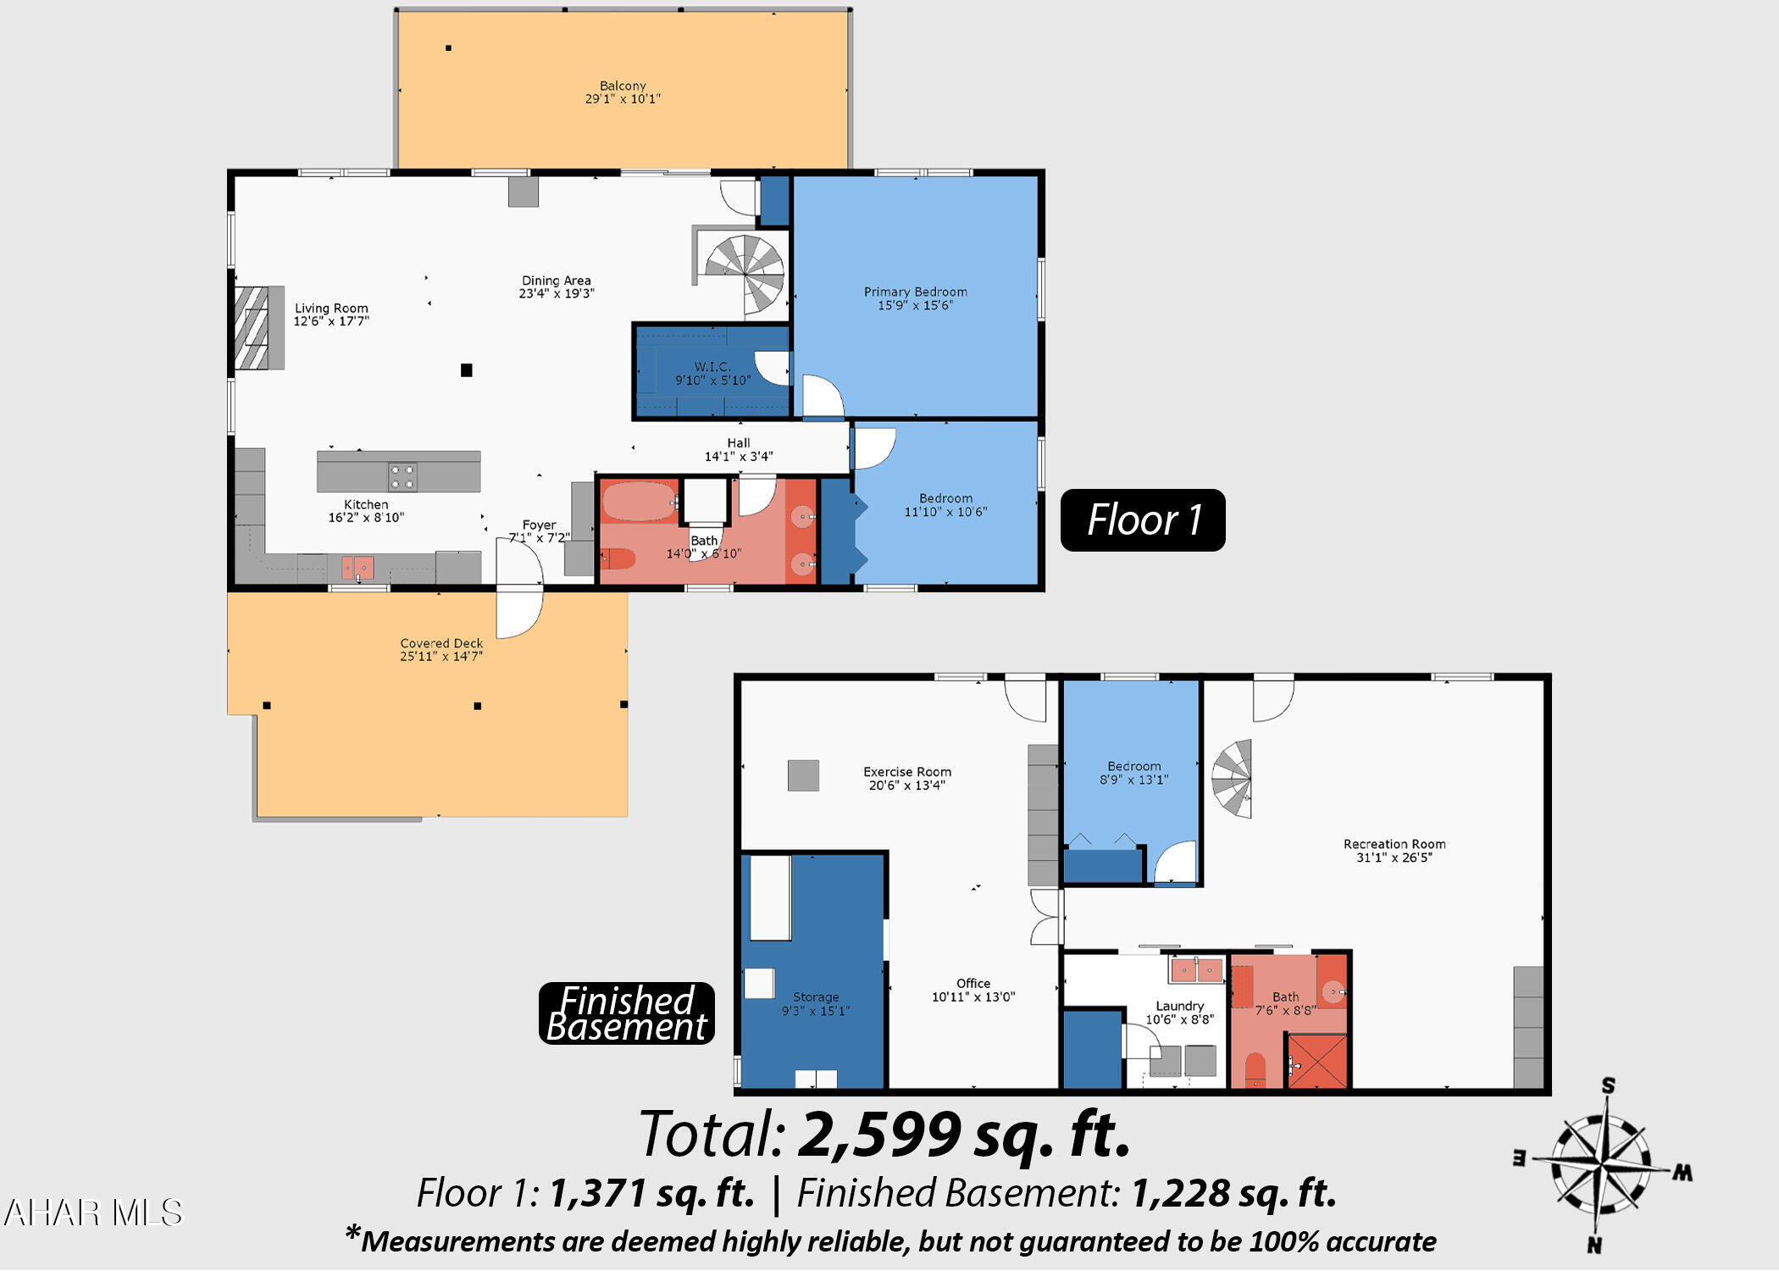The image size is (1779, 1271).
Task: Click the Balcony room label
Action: click(x=623, y=92)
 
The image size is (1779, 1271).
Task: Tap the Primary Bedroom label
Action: click(x=915, y=298)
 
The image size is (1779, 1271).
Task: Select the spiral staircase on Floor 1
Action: click(x=745, y=274)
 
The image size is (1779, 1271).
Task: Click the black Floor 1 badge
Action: click(x=1143, y=520)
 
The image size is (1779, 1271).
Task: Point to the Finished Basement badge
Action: click(x=627, y=1013)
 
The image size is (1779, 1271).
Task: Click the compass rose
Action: click(x=1601, y=1166)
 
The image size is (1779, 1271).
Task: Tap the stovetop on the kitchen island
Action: click(x=402, y=477)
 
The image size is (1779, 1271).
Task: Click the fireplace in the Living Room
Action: click(x=258, y=328)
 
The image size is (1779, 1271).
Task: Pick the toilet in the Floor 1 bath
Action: click(x=618, y=558)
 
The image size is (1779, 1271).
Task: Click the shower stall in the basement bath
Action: click(x=1316, y=1060)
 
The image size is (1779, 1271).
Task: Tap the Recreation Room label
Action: click(x=1394, y=851)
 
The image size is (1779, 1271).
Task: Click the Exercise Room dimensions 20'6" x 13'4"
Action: click(x=906, y=785)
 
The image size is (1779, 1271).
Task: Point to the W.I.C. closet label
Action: click(x=712, y=374)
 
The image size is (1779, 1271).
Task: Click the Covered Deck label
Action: click(x=441, y=650)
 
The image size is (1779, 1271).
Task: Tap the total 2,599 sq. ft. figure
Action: click(x=964, y=1135)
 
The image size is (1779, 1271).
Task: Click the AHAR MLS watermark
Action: click(x=93, y=1213)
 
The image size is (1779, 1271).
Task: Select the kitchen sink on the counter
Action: click(x=357, y=568)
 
